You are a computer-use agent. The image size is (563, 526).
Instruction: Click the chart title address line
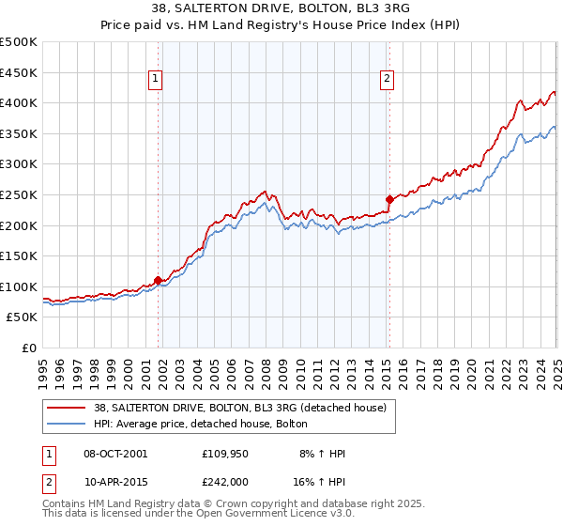tap(281, 8)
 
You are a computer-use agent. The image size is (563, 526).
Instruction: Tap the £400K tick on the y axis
tap(19, 102)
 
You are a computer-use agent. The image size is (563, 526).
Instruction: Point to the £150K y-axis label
tap(19, 255)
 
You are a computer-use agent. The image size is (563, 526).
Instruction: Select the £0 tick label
tap(30, 348)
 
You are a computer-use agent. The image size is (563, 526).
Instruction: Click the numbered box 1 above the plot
tap(155, 80)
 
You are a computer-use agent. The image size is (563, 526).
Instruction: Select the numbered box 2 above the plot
tap(387, 80)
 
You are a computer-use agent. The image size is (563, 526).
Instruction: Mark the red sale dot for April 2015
tap(389, 199)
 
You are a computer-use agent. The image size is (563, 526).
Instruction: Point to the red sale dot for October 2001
tap(158, 280)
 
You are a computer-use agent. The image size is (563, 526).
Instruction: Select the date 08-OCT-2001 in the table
tap(115, 454)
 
